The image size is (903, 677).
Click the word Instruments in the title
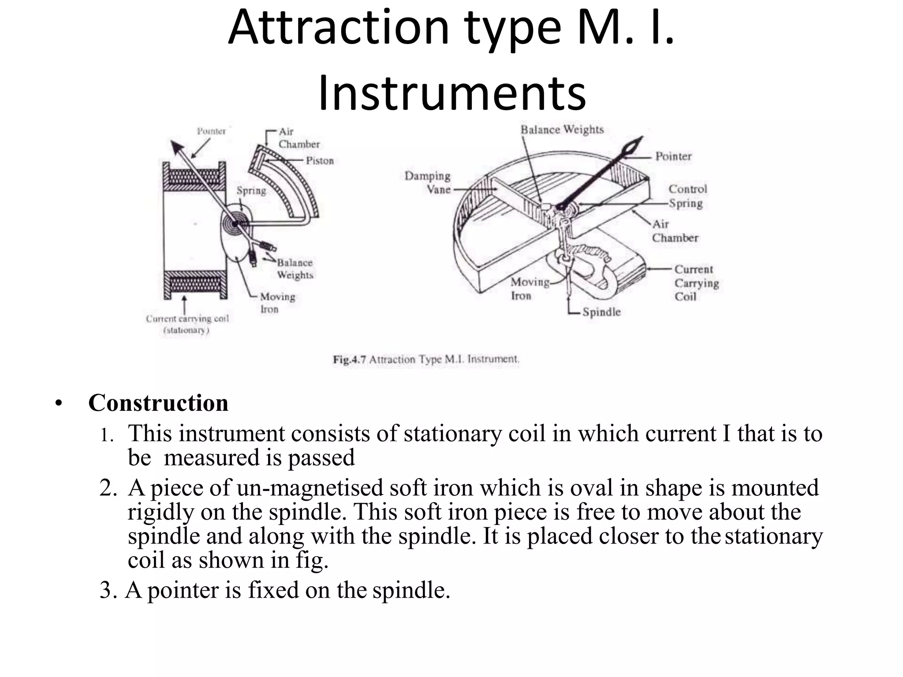pyautogui.click(x=451, y=93)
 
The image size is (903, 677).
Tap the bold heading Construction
pyautogui.click(x=158, y=403)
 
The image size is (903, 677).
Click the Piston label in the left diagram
pyautogui.click(x=320, y=160)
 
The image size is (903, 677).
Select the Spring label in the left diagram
pyautogui.click(x=251, y=190)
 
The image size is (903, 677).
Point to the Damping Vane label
pyautogui.click(x=428, y=182)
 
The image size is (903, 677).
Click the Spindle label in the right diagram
pyautogui.click(x=601, y=312)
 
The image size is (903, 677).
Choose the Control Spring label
pyautogui.click(x=687, y=196)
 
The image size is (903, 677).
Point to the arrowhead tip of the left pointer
pyautogui.click(x=173, y=142)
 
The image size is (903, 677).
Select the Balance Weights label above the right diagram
pyautogui.click(x=562, y=130)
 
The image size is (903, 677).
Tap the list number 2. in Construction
pyautogui.click(x=108, y=488)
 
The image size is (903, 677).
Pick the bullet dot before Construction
pyautogui.click(x=59, y=403)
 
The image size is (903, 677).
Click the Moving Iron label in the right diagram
pyautogui.click(x=530, y=289)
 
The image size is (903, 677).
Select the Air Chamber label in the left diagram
pyautogui.click(x=299, y=138)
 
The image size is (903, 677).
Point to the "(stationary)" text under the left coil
pyautogui.click(x=186, y=330)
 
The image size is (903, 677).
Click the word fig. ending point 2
pyautogui.click(x=312, y=560)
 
